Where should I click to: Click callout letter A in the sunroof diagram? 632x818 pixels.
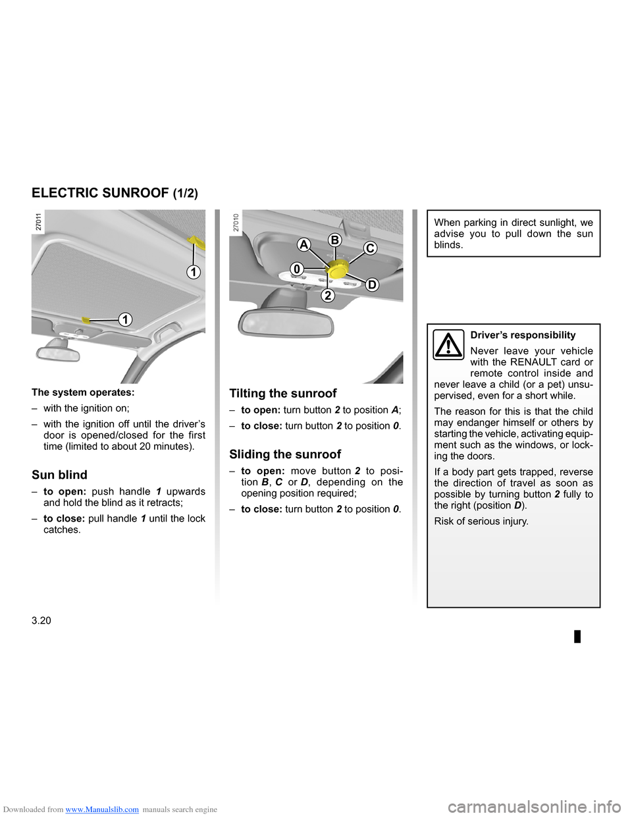tap(303, 244)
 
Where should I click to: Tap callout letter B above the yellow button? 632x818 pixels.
tap(334, 240)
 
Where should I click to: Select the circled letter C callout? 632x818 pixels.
tap(370, 248)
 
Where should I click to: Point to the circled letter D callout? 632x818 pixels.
tap(372, 285)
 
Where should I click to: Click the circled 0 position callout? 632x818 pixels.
tap(297, 269)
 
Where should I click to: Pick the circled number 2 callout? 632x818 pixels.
tap(328, 295)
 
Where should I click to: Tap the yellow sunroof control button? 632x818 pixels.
tap(338, 268)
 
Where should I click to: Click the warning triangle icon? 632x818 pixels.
tap(448, 345)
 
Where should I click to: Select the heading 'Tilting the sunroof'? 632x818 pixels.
tap(282, 393)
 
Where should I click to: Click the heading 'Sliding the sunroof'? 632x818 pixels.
tap(285, 454)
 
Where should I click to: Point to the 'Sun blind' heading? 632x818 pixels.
tap(59, 475)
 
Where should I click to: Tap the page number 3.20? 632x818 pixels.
tap(41, 620)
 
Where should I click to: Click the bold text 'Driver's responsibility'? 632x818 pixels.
tap(523, 335)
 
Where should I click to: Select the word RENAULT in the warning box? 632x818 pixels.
tap(533, 362)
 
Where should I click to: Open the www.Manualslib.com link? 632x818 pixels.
tap(102, 809)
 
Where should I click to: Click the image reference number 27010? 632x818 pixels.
tap(236, 222)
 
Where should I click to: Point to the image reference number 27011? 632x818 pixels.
tap(39, 222)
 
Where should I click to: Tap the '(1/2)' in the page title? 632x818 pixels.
tap(185, 194)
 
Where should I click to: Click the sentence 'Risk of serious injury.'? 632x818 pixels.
tap(481, 522)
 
